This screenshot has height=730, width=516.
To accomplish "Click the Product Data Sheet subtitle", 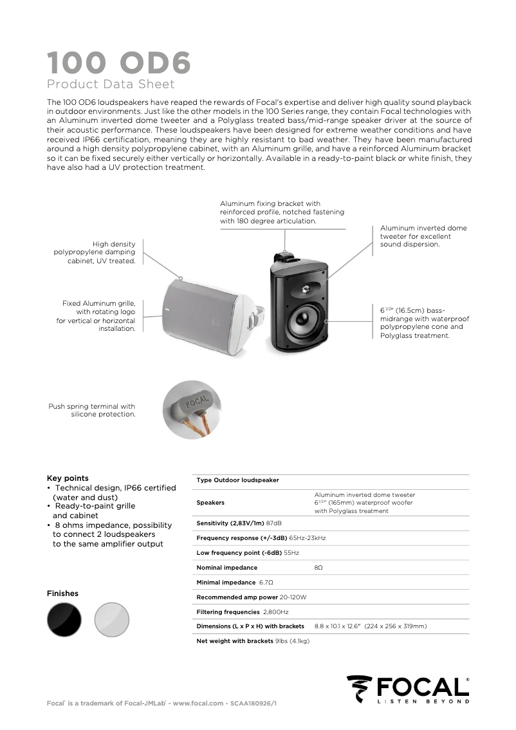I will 111,84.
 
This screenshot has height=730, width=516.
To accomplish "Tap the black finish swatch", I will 64,619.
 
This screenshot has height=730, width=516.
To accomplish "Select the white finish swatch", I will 112,619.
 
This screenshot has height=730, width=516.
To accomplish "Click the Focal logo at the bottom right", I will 408,689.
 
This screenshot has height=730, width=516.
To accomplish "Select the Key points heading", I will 68,478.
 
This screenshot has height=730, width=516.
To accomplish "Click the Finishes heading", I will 62,594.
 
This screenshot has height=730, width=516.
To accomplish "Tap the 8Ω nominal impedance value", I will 318,568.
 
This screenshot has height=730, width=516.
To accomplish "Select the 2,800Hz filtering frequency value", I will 275,612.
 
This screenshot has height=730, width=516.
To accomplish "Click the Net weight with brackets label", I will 234,641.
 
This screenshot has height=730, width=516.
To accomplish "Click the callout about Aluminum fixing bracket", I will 282,212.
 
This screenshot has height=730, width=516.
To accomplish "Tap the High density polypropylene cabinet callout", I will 95,252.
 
